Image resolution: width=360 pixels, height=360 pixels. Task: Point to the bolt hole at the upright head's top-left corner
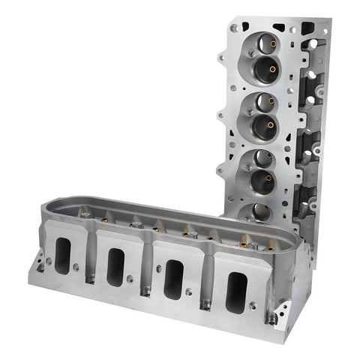click(x=235, y=28)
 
